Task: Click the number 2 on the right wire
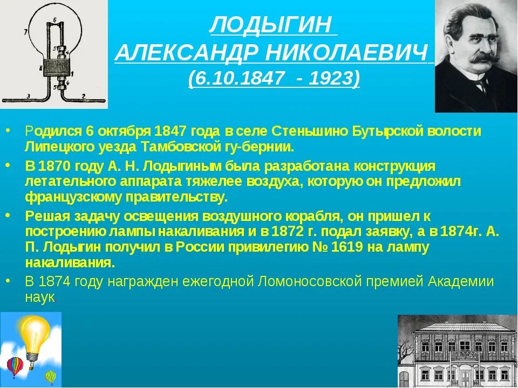click(x=83, y=95)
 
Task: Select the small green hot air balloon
click(x=51, y=376)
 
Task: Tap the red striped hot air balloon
click(x=15, y=367)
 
